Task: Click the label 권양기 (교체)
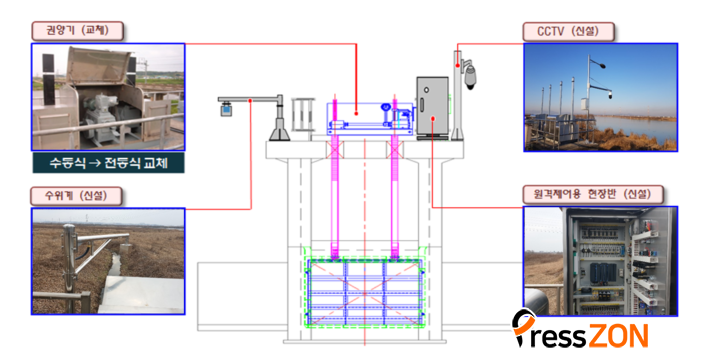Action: click(x=77, y=31)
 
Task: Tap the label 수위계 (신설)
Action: click(x=76, y=196)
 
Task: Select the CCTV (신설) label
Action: click(x=568, y=31)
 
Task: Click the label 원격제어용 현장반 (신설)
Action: click(x=593, y=194)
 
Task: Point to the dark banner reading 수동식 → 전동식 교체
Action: click(x=108, y=163)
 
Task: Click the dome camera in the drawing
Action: click(x=470, y=76)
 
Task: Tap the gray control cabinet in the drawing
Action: click(x=432, y=106)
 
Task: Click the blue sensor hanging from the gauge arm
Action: click(x=227, y=109)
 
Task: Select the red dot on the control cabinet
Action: click(x=433, y=118)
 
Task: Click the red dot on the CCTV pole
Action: click(x=457, y=66)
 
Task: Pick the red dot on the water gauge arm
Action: click(x=250, y=100)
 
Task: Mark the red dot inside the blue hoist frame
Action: click(x=356, y=112)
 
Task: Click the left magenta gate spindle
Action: click(x=334, y=179)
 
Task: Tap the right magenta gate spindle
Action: click(x=394, y=179)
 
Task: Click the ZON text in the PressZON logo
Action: click(x=617, y=335)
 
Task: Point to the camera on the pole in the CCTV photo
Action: click(x=609, y=95)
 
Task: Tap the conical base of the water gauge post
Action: click(x=279, y=133)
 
